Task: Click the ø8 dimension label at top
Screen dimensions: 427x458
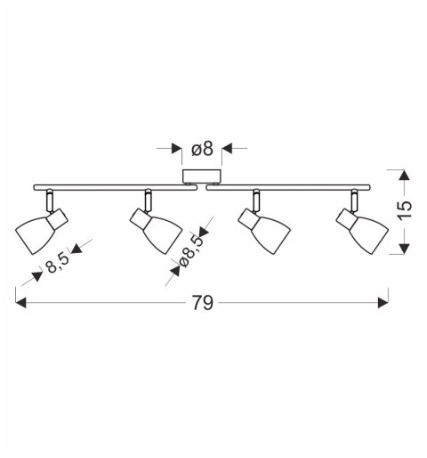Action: [202, 149]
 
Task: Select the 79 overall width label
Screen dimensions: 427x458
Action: [203, 303]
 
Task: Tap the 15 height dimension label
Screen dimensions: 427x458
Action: [404, 210]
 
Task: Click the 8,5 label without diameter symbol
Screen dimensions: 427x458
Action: [58, 263]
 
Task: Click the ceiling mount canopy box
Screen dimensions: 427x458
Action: [202, 176]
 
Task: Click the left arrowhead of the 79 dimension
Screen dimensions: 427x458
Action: [20, 303]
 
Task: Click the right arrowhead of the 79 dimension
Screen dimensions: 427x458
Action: [383, 303]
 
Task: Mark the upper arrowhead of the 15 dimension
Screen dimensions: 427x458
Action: [404, 175]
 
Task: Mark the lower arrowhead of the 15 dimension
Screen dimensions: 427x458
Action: [404, 249]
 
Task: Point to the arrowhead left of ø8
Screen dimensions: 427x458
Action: [177, 148]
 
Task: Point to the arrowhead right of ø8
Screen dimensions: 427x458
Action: [227, 148]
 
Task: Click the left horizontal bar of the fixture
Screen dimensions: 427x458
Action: [116, 187]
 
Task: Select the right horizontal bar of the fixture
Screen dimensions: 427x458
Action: [288, 187]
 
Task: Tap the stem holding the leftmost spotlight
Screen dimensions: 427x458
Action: [50, 200]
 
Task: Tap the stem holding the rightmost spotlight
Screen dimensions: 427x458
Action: [354, 200]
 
